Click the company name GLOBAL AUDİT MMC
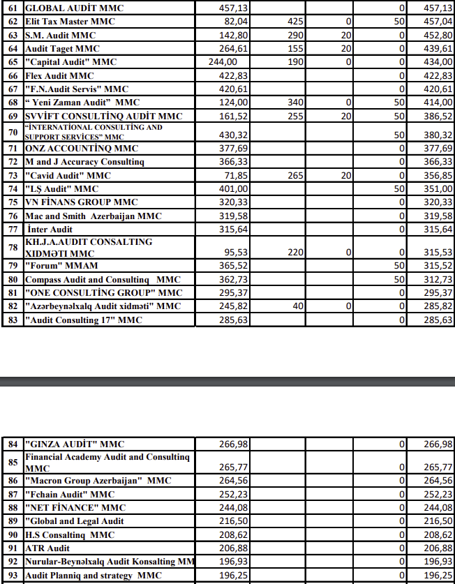[x=64, y=8]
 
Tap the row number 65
[x=12, y=62]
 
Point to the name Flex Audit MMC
[x=59, y=75]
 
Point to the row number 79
[x=12, y=266]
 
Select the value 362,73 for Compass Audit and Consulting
[x=233, y=279]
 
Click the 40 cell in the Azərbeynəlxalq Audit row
[x=299, y=306]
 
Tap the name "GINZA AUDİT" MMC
[x=75, y=444]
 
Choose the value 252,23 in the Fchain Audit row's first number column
[x=233, y=494]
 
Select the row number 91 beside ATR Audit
[x=12, y=548]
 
